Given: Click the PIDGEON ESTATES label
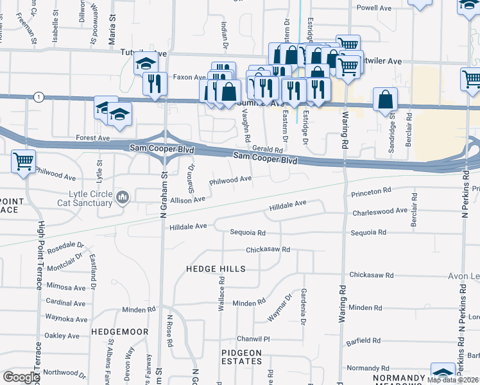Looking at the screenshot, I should (x=242, y=357).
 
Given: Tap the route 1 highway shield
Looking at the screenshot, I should (x=40, y=97).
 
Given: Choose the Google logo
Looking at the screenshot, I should (x=21, y=377).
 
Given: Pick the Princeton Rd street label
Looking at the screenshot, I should (x=371, y=191).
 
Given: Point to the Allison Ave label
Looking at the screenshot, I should (x=187, y=200).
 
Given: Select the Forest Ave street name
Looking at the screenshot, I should (x=92, y=137).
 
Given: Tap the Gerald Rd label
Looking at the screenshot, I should (x=268, y=149).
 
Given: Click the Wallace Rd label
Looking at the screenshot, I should (x=222, y=298).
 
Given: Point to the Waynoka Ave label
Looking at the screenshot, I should (x=65, y=318).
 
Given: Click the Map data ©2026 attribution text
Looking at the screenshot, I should (x=452, y=380).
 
